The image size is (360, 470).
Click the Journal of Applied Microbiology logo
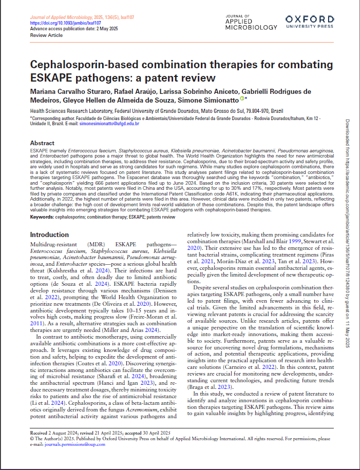pyautogui.click(x=246, y=22)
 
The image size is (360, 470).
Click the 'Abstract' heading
pyautogui.click(x=42, y=143)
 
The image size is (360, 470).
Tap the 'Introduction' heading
pyautogui.click(x=50, y=234)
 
